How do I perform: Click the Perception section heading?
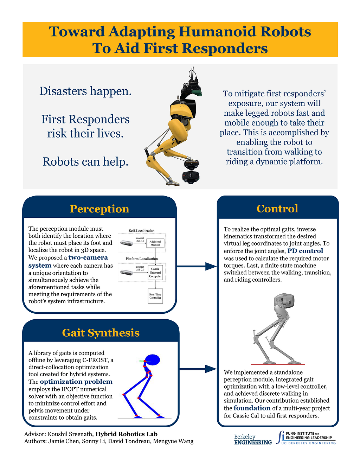[x=99, y=209]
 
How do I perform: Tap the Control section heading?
[x=277, y=209]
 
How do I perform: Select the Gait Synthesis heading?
[x=101, y=333]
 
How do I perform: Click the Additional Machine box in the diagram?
[x=155, y=243]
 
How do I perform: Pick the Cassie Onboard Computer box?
[x=155, y=273]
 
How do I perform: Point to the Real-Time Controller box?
[x=155, y=296]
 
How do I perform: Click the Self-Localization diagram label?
[x=142, y=231]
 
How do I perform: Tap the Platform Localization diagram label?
[x=142, y=258]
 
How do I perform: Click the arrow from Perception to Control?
[x=197, y=266]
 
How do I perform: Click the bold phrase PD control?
[x=305, y=251]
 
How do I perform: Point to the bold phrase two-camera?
[x=88, y=257]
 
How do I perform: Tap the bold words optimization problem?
[x=76, y=382]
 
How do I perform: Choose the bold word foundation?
[x=252, y=408]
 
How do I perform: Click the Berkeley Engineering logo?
[x=253, y=439]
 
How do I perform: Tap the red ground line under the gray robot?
[x=278, y=364]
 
